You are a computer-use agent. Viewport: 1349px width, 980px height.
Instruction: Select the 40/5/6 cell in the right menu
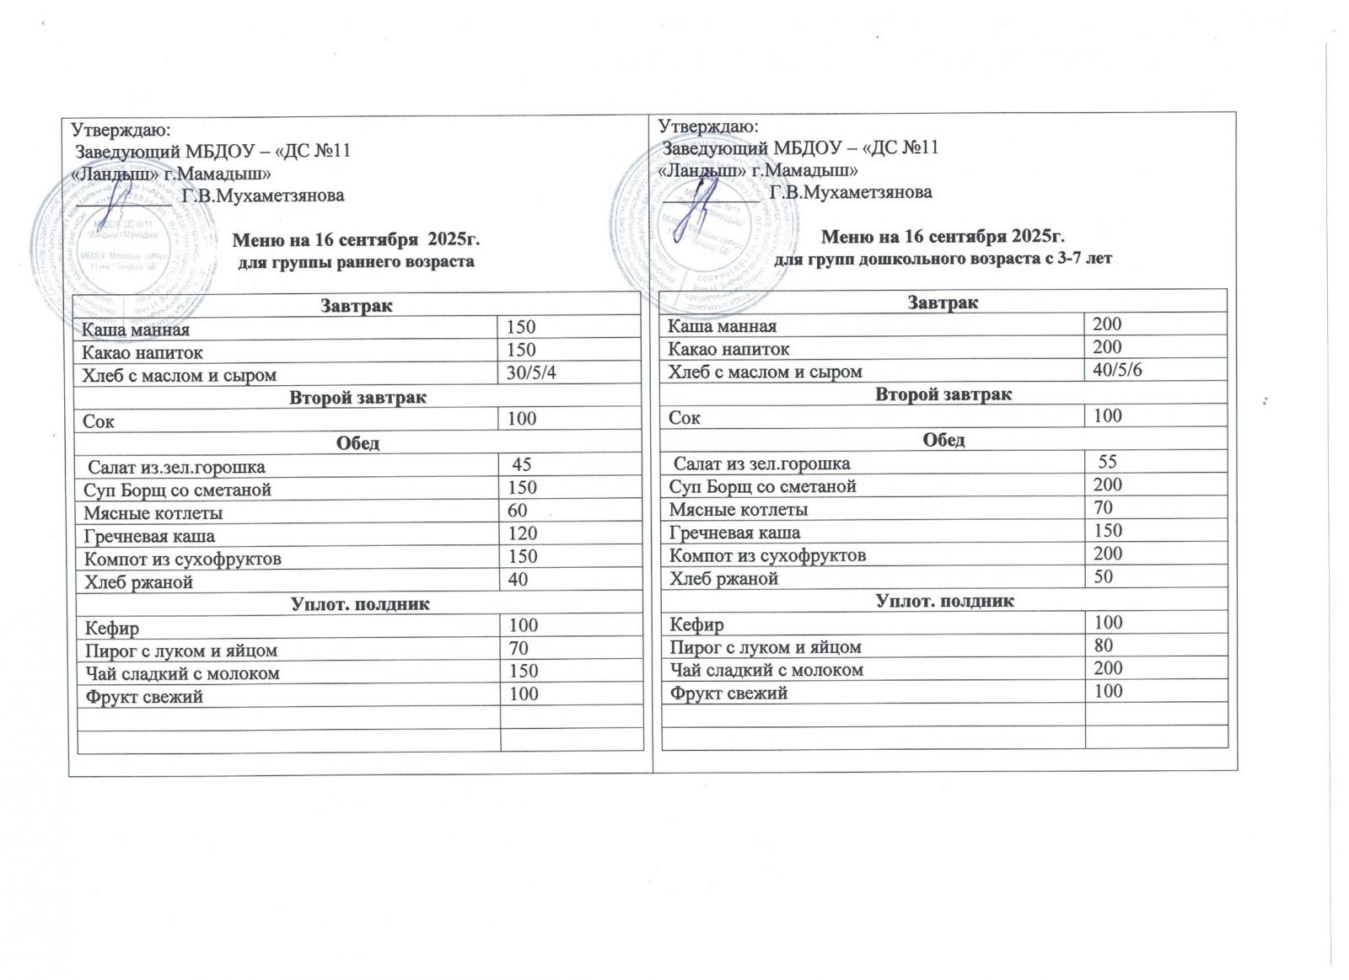click(x=1117, y=370)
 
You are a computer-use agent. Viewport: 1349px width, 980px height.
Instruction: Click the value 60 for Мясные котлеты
click(x=517, y=511)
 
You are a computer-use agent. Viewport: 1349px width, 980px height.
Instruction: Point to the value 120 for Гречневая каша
click(x=522, y=533)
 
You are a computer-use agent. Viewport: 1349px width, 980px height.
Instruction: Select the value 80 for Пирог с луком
click(x=1103, y=645)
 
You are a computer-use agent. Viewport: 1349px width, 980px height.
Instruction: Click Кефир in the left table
click(x=112, y=628)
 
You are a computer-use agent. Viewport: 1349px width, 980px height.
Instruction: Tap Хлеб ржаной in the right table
click(x=723, y=578)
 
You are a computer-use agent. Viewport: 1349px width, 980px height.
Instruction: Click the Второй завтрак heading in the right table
click(x=943, y=394)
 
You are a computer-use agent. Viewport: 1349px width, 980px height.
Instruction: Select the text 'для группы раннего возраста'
click(x=357, y=262)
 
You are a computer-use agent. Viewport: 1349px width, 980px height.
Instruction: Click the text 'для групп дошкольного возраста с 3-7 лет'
click(x=943, y=259)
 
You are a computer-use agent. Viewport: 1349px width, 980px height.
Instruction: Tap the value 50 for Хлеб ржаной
click(x=1103, y=576)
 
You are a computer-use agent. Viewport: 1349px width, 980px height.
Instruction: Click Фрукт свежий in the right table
click(x=728, y=693)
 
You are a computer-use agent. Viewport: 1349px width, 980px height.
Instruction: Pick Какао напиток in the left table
click(x=142, y=352)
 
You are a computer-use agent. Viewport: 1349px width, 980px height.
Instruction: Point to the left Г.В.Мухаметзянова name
click(x=263, y=195)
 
